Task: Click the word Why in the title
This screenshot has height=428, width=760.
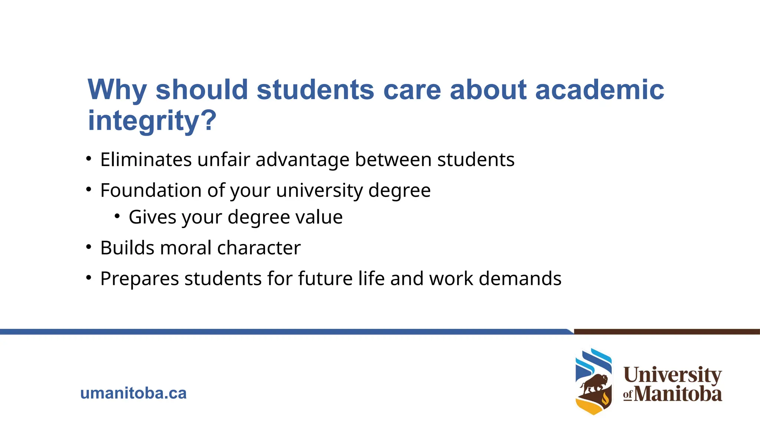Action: coord(117,90)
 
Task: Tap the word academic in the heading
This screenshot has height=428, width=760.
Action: coord(599,90)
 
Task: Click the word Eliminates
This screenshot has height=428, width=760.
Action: coord(146,160)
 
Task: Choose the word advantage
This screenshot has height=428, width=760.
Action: coord(302,160)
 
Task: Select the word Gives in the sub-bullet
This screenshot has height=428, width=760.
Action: coord(153,217)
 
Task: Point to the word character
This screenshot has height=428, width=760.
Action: coord(259,248)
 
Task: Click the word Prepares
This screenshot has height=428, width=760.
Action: coord(140,279)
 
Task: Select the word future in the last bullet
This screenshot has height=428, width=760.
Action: coord(325,279)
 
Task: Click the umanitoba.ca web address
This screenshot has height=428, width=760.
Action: coord(133,393)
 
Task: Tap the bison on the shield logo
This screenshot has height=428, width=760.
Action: coord(595,384)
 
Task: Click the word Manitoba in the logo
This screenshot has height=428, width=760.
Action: coord(678,394)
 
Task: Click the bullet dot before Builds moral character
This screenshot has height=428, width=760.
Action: coord(88,247)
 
